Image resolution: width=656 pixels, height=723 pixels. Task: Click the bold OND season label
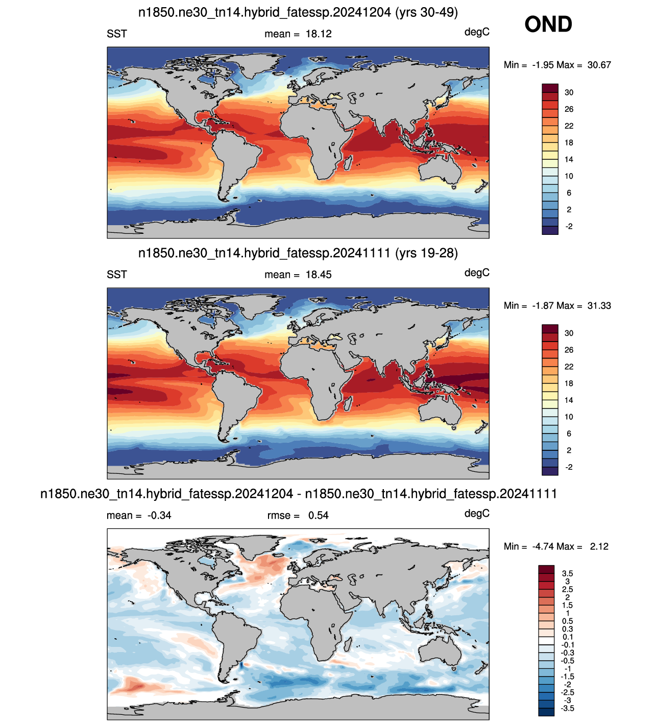(x=548, y=24)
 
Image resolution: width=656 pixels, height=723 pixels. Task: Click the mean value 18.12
(x=319, y=34)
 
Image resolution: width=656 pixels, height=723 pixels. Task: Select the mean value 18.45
(x=319, y=275)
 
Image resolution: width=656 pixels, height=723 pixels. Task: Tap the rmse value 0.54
(x=318, y=515)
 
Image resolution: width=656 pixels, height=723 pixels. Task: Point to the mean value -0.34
(x=159, y=515)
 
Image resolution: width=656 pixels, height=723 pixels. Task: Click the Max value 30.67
(x=599, y=65)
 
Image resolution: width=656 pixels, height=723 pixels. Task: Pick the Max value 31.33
(x=599, y=306)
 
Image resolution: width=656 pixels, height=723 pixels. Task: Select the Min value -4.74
(x=544, y=546)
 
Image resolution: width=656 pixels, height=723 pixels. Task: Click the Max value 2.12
(x=599, y=546)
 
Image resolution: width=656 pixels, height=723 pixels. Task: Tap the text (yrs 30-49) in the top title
(x=426, y=12)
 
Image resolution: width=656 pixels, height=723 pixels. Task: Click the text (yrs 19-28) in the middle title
(x=426, y=253)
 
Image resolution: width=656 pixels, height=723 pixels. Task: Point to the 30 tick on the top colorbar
(x=569, y=92)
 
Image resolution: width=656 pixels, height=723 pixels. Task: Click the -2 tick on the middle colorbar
(x=569, y=467)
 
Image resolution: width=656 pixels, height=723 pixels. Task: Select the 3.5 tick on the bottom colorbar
(x=567, y=573)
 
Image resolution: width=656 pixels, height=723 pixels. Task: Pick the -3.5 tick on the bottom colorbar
(x=567, y=708)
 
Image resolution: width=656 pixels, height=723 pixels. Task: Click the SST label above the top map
(x=117, y=34)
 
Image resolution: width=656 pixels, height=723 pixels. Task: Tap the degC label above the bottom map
(x=477, y=514)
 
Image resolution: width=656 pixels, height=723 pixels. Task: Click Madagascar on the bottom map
(x=348, y=644)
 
